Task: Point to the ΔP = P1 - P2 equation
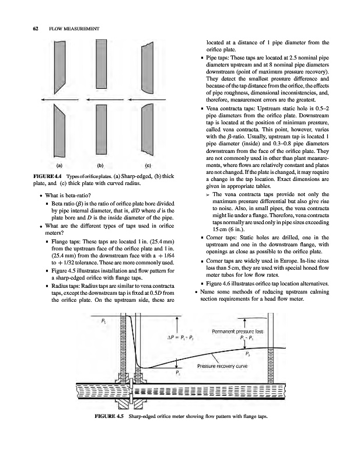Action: click(x=184, y=337)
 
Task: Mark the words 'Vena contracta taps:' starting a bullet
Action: click(x=235, y=109)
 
